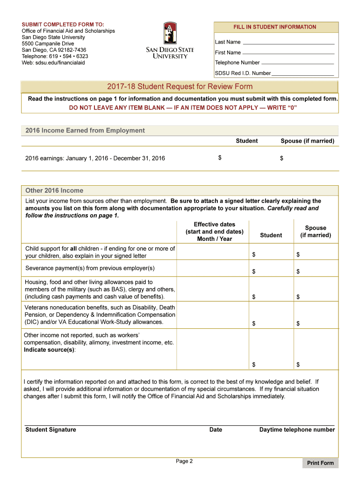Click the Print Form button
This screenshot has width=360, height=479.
pos(320,463)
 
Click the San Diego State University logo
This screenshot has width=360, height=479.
pos(170,40)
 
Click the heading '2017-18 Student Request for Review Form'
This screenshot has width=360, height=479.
pos(180,87)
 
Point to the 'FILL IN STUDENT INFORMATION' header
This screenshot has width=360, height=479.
pos(275,27)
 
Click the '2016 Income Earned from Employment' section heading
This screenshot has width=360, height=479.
pos(85,131)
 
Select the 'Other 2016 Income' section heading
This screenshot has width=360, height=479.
pos(54,190)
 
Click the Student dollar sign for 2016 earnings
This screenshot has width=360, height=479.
pos(220,158)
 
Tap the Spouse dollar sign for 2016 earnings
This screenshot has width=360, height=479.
pos(281,159)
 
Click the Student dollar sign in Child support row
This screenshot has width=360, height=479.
pos(254,254)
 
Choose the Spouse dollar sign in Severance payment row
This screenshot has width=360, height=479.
pos(298,271)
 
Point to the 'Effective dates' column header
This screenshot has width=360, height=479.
pos(214,232)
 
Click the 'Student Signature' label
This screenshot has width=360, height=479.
pos(50,430)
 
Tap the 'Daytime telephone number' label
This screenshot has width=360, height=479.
pos(297,430)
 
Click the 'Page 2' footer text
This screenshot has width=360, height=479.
pos(184,461)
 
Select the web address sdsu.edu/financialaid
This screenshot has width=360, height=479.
pos(53,63)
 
